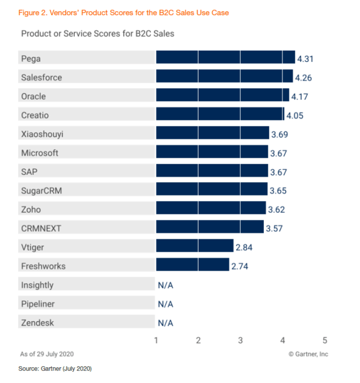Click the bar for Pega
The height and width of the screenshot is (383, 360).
click(225, 58)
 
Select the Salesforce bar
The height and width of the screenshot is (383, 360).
click(224, 77)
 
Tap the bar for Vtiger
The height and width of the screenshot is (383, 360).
click(194, 246)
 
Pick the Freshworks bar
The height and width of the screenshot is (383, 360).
click(192, 264)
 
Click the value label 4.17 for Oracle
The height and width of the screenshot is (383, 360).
click(300, 96)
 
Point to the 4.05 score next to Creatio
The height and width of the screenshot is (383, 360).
click(295, 115)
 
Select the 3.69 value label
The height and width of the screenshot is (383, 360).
click(280, 134)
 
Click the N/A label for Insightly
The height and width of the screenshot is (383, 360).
click(165, 285)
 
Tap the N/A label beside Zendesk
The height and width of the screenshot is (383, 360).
click(165, 323)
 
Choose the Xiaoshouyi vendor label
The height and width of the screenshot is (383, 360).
click(42, 134)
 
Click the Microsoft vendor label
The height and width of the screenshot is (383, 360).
click(39, 152)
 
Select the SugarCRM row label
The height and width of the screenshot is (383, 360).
click(41, 191)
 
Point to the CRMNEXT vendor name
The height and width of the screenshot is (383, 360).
click(41, 228)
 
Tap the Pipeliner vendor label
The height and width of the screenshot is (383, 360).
click(38, 304)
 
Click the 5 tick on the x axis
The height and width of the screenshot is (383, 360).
click(325, 340)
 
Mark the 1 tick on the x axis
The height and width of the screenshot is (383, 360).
click(156, 340)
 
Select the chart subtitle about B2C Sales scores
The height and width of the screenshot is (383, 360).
click(97, 34)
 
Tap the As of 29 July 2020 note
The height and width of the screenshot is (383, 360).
click(47, 354)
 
